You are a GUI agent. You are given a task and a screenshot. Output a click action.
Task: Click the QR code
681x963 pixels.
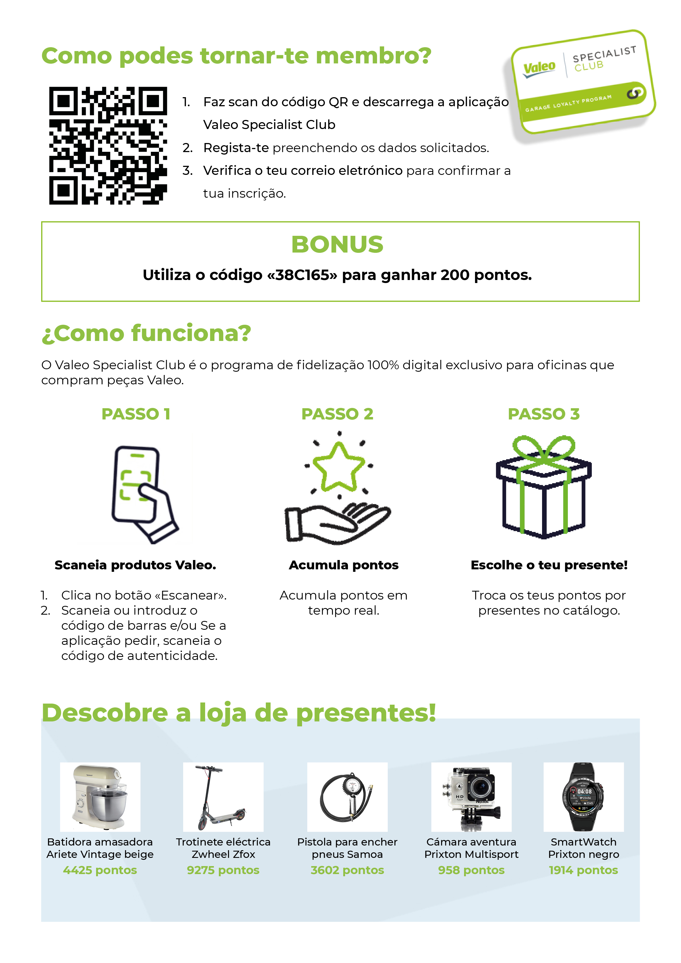coord(108,145)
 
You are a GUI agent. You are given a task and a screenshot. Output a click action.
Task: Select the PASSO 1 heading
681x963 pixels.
coord(136,414)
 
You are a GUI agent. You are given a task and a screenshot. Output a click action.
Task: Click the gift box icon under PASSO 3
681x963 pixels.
coord(543,487)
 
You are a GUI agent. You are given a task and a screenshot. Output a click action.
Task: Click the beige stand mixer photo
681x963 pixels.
coord(100,797)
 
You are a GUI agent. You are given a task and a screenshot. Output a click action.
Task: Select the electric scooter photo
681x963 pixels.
coord(223,797)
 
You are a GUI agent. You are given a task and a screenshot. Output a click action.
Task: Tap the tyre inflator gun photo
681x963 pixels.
coord(347,797)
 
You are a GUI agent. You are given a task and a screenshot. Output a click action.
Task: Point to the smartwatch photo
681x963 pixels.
coord(584,797)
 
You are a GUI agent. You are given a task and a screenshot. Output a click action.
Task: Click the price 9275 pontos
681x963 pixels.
coord(223,870)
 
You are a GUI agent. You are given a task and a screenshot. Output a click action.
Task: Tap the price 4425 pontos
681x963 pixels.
coord(100,870)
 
